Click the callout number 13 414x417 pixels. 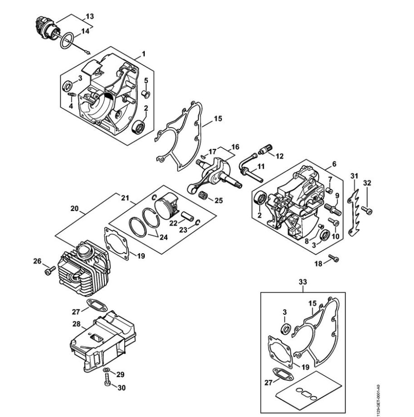coord(90,16)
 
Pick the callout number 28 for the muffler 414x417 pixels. coord(76,324)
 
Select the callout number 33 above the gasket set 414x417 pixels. coord(303,282)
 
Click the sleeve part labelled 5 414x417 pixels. coord(145,93)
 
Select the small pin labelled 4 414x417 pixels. coord(72,94)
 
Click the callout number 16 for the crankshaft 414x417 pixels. coord(235,147)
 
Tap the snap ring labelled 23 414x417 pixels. coord(198,222)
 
